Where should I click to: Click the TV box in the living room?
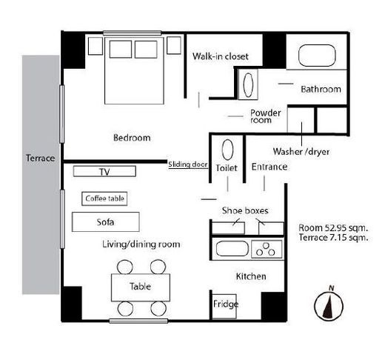(x=104, y=171)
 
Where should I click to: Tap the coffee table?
(x=104, y=199)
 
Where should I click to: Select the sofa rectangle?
(x=106, y=221)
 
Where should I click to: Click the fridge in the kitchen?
(x=224, y=306)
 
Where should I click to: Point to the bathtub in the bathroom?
(x=317, y=56)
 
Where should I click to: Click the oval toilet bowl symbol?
(x=227, y=150)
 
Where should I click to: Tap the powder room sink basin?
(x=248, y=84)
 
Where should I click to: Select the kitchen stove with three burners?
(x=267, y=249)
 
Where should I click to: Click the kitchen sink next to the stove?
(x=232, y=249)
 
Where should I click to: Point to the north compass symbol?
(x=329, y=304)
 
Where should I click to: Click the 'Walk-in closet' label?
(x=221, y=56)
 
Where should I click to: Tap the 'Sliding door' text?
(x=188, y=164)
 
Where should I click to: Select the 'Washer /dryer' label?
(x=301, y=151)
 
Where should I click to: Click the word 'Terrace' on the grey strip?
(x=41, y=158)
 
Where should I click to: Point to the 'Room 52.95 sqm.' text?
(x=333, y=227)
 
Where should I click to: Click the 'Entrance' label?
(x=269, y=167)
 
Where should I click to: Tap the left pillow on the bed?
(x=121, y=50)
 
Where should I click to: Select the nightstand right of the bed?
(x=174, y=45)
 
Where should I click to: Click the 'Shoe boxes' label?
(x=245, y=210)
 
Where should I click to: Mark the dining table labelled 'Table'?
(x=141, y=287)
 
